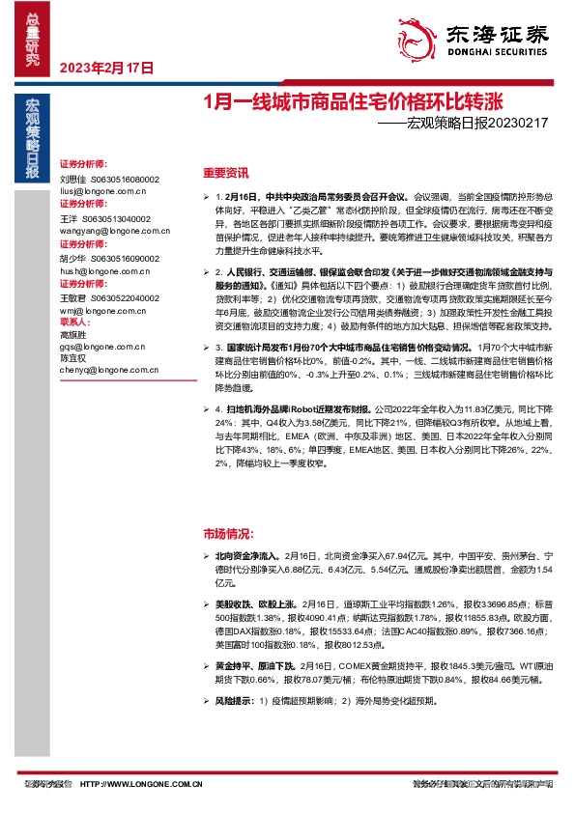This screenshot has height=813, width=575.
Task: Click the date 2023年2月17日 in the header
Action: coord(107,68)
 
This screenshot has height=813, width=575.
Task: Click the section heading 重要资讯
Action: coord(226,174)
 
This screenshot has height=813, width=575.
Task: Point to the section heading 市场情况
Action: coord(228,533)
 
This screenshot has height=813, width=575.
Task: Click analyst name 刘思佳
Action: coord(72,180)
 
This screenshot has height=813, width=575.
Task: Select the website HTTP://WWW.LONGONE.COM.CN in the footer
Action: coord(141,784)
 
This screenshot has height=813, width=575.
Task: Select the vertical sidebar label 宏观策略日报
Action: coord(32,141)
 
